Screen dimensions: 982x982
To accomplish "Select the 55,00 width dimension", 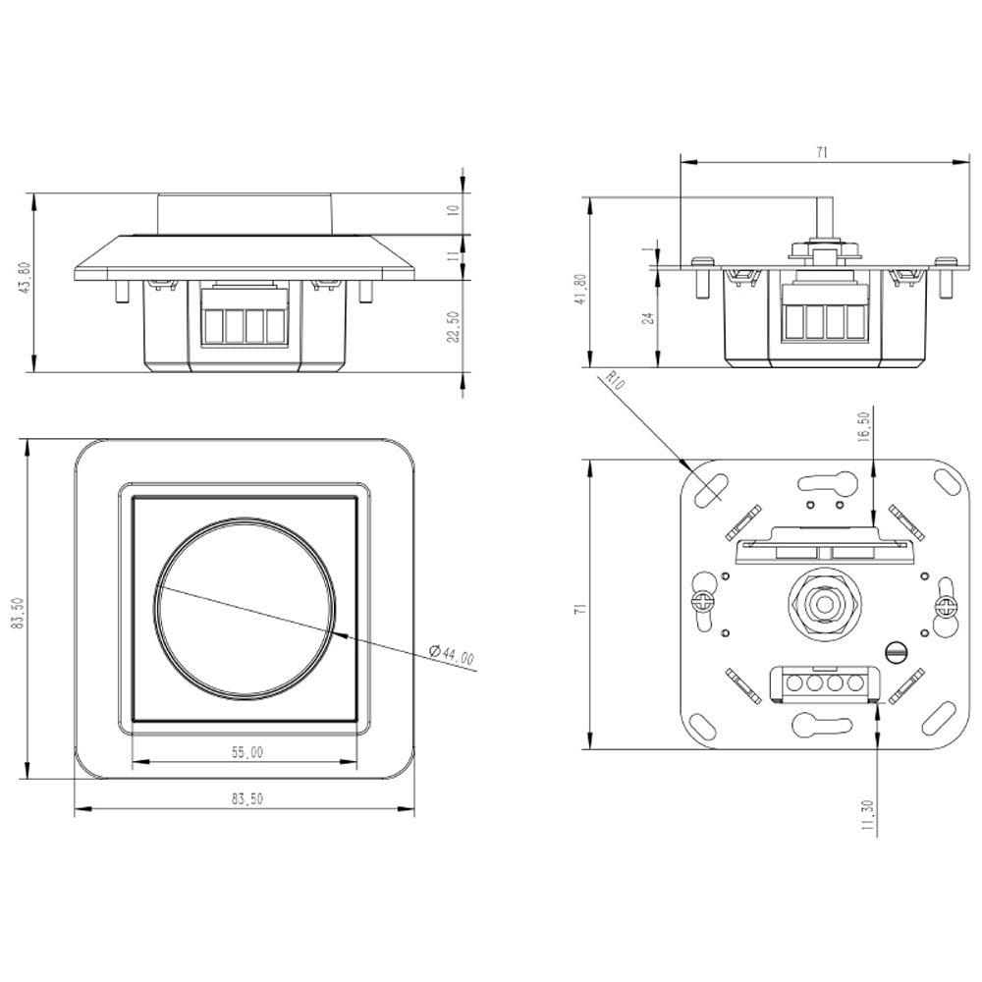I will point(246,752).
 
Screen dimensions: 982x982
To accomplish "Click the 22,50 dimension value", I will point(452,328).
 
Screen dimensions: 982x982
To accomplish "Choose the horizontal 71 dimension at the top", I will point(821,152).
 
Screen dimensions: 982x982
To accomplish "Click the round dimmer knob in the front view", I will point(245,611).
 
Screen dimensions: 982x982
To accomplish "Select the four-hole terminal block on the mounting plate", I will point(823,682).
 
